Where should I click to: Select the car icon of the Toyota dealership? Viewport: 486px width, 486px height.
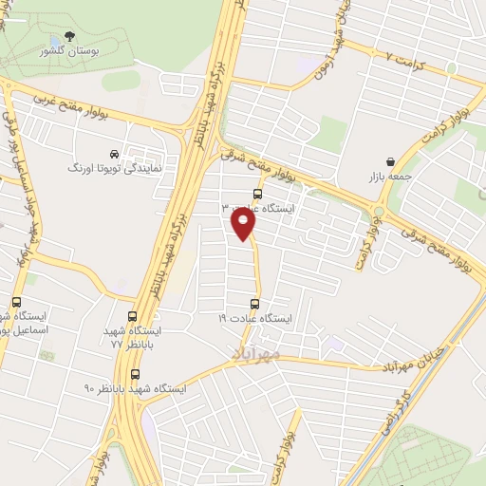click(114, 154)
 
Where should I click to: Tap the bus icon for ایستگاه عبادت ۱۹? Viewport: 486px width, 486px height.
click(254, 304)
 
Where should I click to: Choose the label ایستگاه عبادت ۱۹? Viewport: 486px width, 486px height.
click(255, 319)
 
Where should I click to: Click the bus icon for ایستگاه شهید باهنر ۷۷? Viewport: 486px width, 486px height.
click(132, 317)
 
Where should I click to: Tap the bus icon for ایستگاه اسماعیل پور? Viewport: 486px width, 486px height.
click(16, 303)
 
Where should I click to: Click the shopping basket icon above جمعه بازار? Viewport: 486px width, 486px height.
click(391, 162)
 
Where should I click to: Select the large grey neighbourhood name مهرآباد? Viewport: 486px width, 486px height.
click(257, 353)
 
